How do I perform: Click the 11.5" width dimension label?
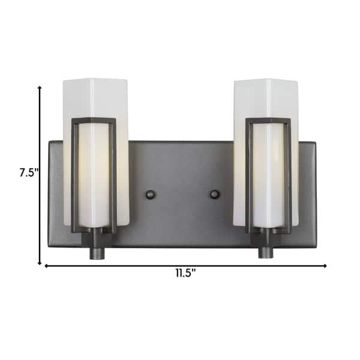(x=185, y=274)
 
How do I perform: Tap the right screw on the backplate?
(x=214, y=194)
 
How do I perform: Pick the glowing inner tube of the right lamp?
(x=268, y=174)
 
